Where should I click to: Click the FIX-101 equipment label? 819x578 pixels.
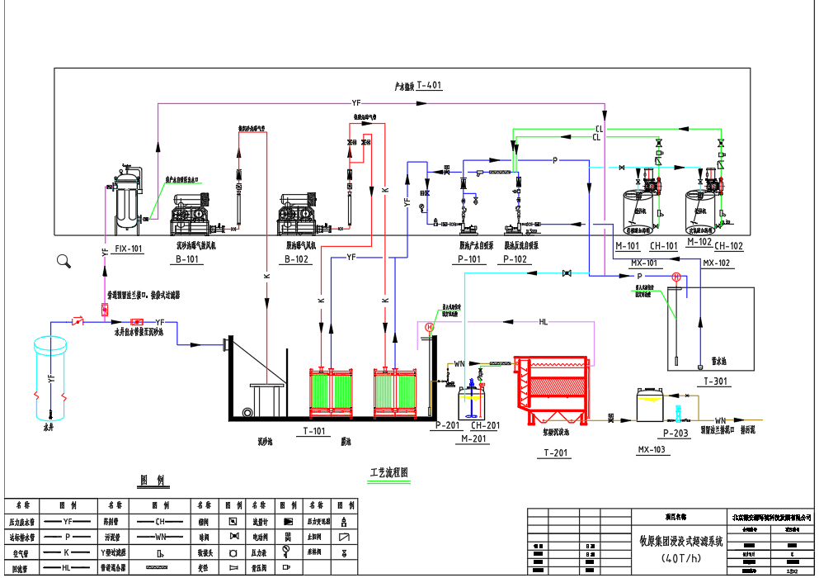click(x=129, y=248)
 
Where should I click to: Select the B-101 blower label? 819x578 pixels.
click(x=188, y=259)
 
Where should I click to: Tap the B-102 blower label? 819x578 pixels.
click(x=295, y=259)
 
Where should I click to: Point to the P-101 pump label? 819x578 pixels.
click(x=469, y=259)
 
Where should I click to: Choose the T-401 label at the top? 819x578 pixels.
click(x=430, y=85)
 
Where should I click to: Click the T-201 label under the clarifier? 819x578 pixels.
click(x=558, y=452)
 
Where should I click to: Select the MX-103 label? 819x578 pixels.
click(x=652, y=450)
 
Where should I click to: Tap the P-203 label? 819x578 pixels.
click(x=675, y=433)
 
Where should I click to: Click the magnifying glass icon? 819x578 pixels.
click(x=64, y=262)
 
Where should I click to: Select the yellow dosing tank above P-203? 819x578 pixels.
click(x=652, y=405)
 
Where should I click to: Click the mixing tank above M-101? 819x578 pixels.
click(x=637, y=210)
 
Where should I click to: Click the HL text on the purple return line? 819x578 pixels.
click(x=543, y=322)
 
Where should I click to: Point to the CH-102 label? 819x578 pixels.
click(x=728, y=246)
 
